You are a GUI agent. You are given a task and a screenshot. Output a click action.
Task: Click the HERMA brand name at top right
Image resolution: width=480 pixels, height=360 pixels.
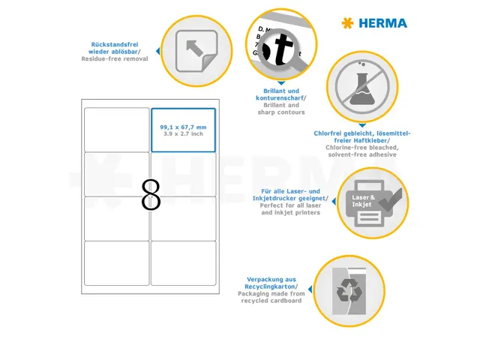[x=382, y=23]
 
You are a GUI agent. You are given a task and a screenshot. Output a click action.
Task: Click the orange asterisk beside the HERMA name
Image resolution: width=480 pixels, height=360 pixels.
[x=346, y=23]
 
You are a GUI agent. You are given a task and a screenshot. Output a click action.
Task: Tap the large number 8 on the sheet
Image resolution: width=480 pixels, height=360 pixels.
[x=151, y=195]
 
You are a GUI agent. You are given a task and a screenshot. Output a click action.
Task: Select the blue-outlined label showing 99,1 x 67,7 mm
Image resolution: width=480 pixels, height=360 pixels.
[x=183, y=130]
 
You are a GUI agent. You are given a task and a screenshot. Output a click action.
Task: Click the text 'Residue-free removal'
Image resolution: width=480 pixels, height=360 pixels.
[x=115, y=58]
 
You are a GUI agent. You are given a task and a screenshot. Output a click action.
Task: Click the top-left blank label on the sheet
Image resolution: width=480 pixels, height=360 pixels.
[x=116, y=130]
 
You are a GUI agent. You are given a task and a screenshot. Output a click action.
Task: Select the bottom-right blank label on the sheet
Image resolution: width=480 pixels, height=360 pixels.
[x=183, y=262]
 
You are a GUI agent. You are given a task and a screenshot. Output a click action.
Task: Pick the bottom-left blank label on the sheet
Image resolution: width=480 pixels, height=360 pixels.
[x=116, y=262]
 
